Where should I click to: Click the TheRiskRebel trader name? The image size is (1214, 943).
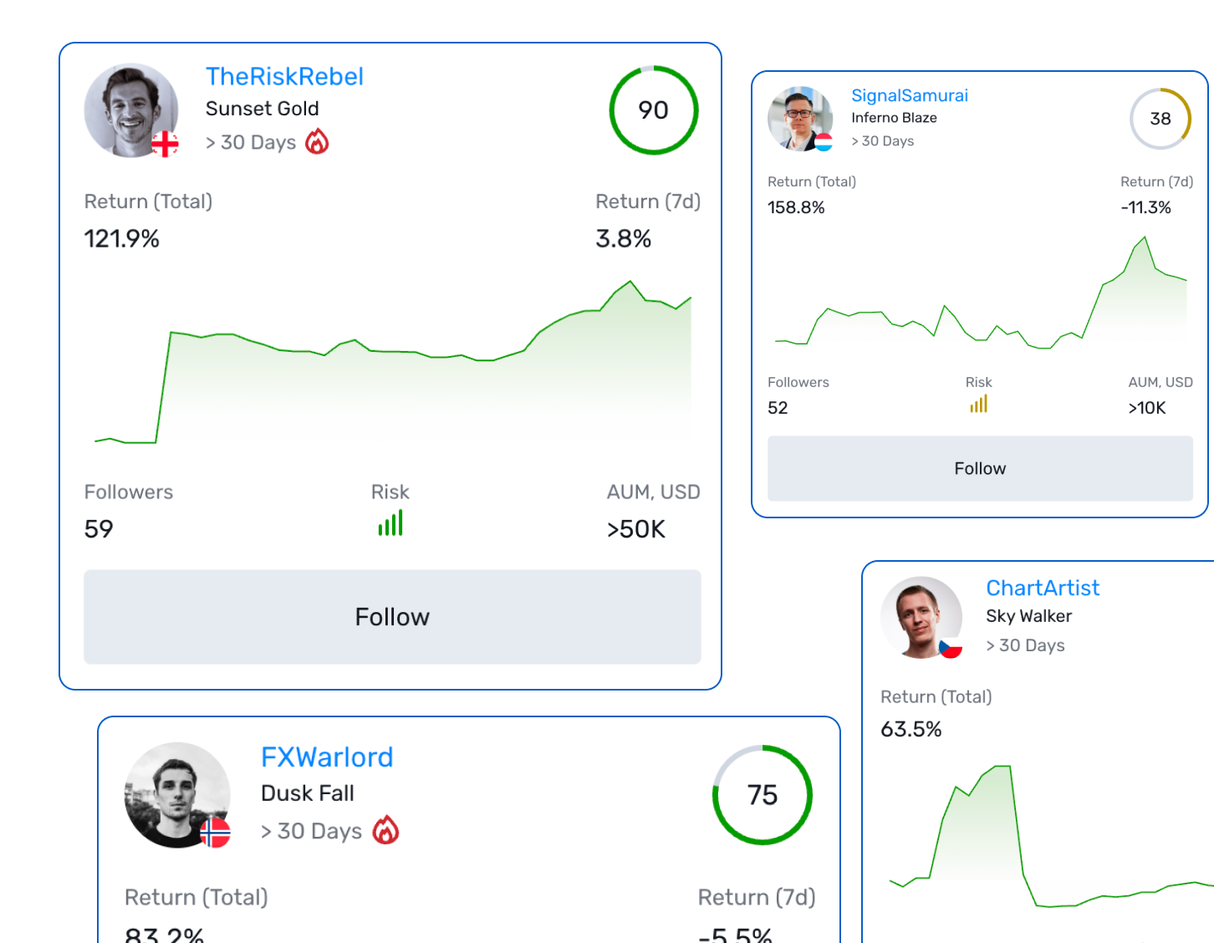click(284, 77)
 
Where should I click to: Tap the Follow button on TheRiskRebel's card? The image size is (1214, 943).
click(392, 617)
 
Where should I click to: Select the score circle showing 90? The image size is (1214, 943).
click(653, 110)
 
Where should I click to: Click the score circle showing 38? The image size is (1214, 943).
click(1160, 119)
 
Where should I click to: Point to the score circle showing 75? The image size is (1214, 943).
click(762, 795)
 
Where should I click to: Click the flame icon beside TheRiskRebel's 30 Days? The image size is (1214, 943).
click(317, 142)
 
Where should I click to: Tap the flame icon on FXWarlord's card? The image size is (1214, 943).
click(385, 830)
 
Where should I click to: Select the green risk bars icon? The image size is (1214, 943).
click(390, 523)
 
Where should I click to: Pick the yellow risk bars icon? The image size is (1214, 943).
click(978, 405)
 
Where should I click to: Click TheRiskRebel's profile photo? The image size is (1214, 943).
click(130, 110)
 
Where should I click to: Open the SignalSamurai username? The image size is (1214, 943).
click(909, 96)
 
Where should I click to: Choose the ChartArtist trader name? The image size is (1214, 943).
click(1042, 589)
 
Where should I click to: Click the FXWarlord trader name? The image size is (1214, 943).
click(327, 757)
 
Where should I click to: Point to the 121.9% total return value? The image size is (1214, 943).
click(122, 239)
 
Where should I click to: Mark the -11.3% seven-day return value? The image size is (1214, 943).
click(1145, 207)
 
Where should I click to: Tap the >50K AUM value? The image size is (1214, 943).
click(636, 529)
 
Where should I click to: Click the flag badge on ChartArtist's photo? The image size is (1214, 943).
click(950, 647)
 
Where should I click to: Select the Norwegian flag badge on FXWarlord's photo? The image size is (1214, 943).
click(215, 833)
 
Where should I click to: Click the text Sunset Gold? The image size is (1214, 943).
click(262, 110)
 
